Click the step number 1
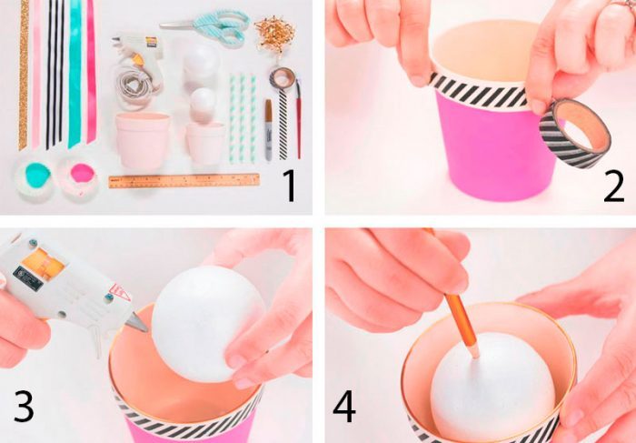[290, 186]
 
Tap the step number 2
[613, 186]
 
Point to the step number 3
[24, 406]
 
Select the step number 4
[344, 407]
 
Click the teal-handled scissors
[211, 26]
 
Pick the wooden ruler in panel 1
[184, 181]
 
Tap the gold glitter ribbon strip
[24, 75]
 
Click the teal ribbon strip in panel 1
[75, 73]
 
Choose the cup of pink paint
[80, 176]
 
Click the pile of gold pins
[274, 34]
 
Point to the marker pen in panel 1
[269, 129]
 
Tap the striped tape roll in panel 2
[574, 133]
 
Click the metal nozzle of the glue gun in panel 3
[137, 323]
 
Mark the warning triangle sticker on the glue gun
[120, 292]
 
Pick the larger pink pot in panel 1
[143, 140]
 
